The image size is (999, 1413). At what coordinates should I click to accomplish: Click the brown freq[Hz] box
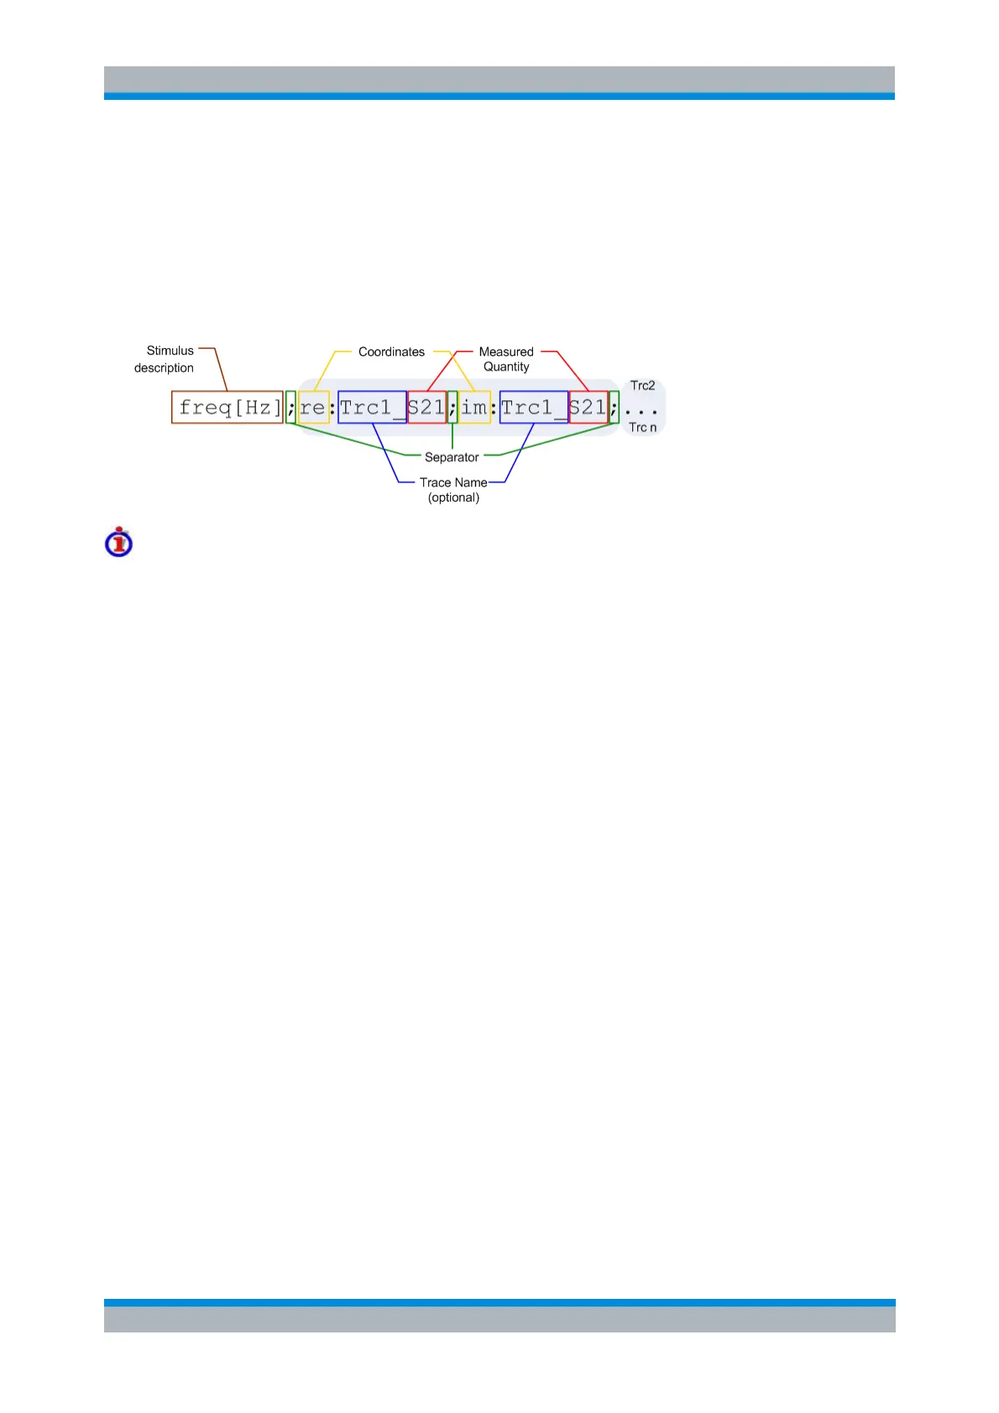[x=227, y=407]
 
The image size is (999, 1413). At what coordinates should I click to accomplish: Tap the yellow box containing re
[x=313, y=407]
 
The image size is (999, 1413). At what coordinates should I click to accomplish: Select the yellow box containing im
[x=474, y=407]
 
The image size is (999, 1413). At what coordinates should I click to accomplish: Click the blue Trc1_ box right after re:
[x=372, y=407]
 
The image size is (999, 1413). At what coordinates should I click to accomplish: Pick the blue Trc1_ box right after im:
[x=534, y=407]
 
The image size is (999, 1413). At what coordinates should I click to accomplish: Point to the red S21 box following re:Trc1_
[x=426, y=407]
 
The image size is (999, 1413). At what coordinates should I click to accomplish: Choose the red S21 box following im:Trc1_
[x=588, y=407]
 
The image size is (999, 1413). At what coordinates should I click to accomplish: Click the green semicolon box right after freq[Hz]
[x=290, y=407]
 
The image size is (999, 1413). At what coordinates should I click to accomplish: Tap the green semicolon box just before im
[x=452, y=407]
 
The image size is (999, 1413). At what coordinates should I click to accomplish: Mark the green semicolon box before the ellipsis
[x=615, y=407]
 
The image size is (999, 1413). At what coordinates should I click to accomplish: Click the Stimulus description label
[x=165, y=359]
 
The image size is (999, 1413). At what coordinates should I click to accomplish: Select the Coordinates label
[x=391, y=352]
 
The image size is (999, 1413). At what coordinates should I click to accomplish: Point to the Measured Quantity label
[x=506, y=359]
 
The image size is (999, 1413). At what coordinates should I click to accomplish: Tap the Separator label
[x=452, y=457]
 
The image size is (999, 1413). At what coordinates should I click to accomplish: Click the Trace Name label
[x=453, y=482]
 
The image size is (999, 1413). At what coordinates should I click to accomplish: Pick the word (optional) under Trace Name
[x=453, y=498]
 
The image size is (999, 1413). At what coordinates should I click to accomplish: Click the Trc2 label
[x=642, y=386]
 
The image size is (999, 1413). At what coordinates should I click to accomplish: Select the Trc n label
[x=642, y=428]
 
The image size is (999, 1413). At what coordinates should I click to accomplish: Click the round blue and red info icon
[x=119, y=542]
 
